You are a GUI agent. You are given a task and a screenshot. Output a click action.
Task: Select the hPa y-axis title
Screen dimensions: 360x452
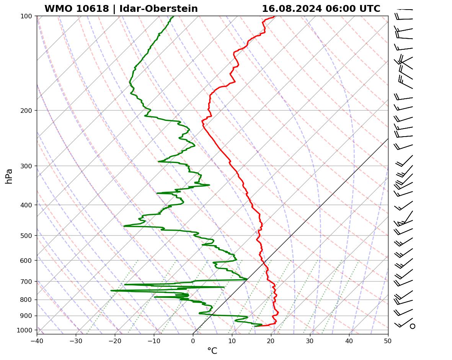pyautogui.click(x=9, y=176)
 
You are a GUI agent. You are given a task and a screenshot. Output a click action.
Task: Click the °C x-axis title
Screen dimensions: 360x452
pyautogui.click(x=212, y=351)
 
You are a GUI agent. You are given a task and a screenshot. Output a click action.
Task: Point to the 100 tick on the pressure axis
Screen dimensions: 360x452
pyautogui.click(x=27, y=16)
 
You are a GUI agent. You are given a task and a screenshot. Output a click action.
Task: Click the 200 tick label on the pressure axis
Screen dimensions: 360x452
pyautogui.click(x=27, y=111)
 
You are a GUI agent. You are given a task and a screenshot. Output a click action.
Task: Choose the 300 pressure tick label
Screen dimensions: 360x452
pyautogui.click(x=27, y=166)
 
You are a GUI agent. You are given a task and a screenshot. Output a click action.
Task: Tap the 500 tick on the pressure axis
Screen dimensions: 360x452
pyautogui.click(x=27, y=236)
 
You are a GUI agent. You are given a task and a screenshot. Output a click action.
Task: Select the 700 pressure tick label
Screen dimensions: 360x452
pyautogui.click(x=27, y=282)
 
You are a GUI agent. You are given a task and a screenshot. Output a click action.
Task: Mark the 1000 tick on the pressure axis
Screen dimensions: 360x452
pyautogui.click(x=25, y=330)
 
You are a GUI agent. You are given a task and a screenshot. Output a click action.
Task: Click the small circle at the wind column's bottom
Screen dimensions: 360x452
pyautogui.click(x=412, y=326)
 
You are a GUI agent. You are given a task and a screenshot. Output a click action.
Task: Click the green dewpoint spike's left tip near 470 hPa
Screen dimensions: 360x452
pyautogui.click(x=124, y=226)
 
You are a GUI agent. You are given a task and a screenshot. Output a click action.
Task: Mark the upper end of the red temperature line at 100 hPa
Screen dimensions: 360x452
pyautogui.click(x=274, y=17)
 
